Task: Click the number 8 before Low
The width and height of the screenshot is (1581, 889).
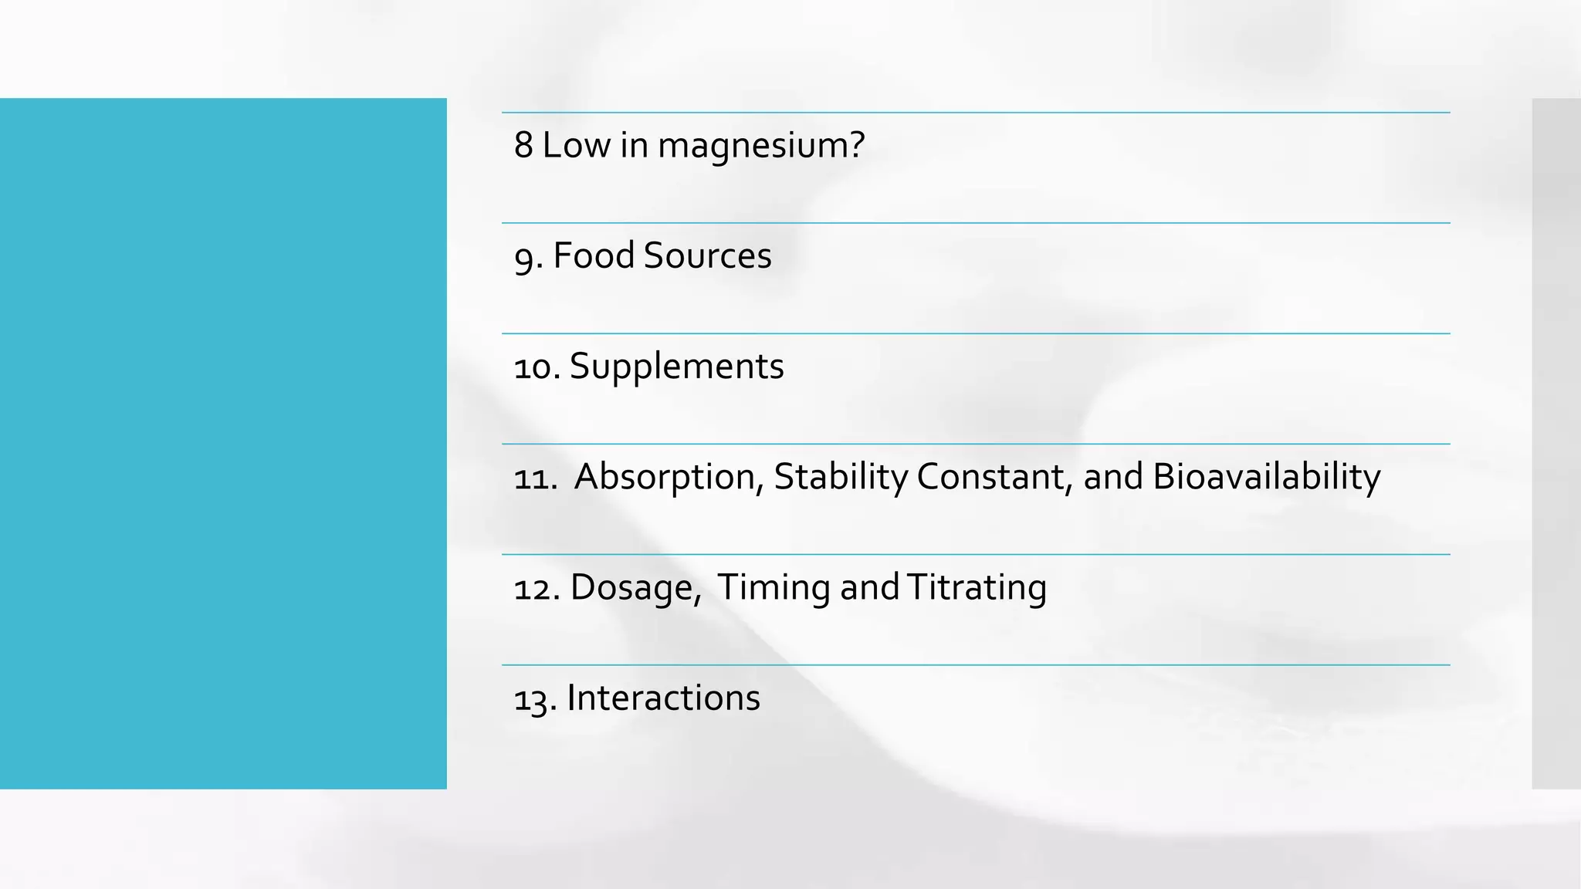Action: tap(523, 145)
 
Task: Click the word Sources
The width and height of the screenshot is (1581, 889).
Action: tap(707, 255)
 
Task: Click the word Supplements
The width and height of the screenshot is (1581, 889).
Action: tap(676, 367)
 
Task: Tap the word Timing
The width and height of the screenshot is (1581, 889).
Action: tap(774, 588)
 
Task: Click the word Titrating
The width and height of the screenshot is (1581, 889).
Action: tap(977, 588)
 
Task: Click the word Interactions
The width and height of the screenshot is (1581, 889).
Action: tap(663, 698)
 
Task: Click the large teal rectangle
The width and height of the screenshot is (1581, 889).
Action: tap(223, 443)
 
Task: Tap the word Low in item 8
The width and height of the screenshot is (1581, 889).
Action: tap(576, 145)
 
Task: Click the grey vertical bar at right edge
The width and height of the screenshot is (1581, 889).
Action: tap(1556, 443)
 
